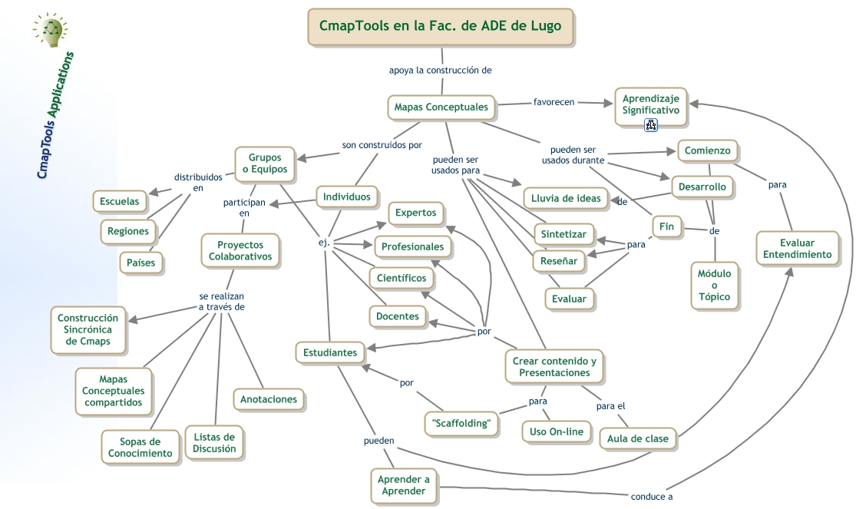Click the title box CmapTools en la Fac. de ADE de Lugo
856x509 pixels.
441,26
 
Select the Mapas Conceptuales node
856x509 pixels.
441,107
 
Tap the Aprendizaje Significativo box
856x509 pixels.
650,105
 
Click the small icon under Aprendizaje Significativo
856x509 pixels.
650,126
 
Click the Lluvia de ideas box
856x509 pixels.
566,198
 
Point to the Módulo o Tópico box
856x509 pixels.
714,285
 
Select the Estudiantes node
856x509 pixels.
329,352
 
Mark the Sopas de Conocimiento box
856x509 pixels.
140,447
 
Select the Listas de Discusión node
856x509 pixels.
214,442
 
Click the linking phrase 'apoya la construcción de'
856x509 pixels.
440,70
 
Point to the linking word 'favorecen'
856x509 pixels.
554,101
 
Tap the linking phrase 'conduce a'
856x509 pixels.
651,496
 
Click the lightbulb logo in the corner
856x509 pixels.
51,31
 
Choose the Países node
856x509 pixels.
141,263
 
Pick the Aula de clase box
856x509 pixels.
637,438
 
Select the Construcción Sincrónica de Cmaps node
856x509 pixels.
88,329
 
